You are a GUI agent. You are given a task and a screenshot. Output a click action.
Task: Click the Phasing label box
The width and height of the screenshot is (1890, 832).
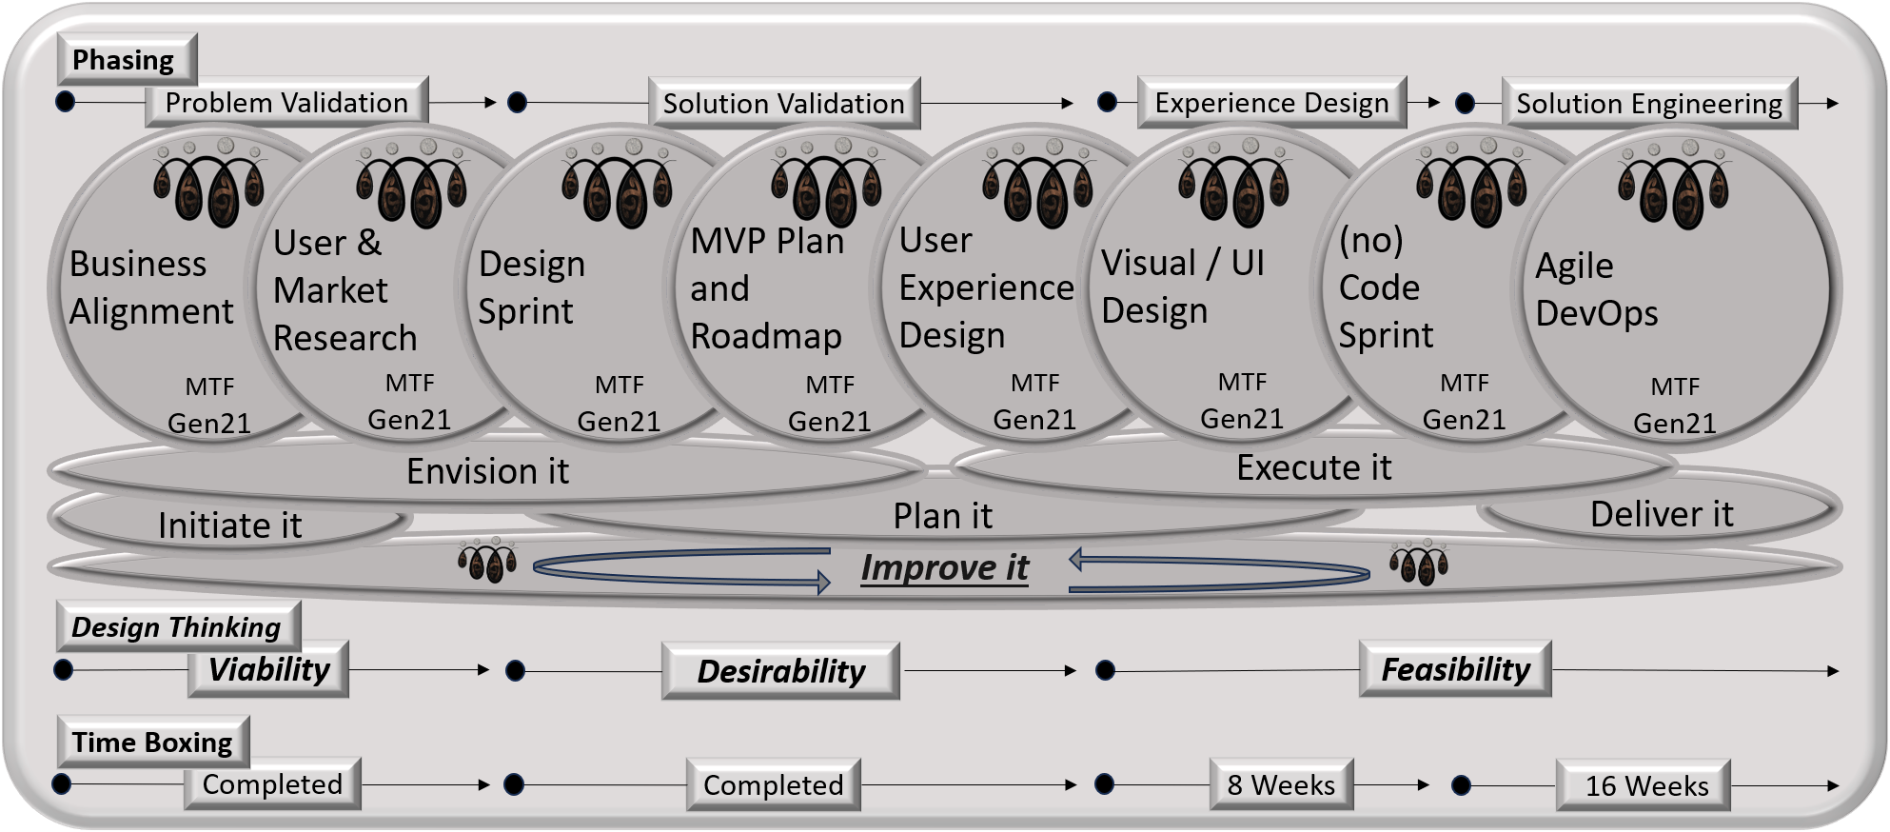(x=124, y=60)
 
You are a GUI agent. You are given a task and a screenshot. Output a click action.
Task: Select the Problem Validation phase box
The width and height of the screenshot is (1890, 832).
(x=286, y=103)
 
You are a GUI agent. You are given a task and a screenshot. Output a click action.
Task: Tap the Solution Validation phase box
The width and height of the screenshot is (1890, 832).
(x=783, y=104)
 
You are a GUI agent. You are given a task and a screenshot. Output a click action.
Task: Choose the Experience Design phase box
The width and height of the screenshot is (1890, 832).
(x=1271, y=104)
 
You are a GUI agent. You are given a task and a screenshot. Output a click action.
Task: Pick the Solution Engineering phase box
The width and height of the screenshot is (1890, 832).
(x=1648, y=104)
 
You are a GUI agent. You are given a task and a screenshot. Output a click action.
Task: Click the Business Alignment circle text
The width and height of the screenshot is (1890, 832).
(x=151, y=287)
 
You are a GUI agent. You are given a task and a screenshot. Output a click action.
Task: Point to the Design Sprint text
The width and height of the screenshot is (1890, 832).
(x=531, y=287)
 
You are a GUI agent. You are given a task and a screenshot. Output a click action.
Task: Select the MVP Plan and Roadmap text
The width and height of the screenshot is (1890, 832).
(x=767, y=288)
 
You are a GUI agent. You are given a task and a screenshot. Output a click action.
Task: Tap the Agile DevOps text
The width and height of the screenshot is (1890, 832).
(x=1597, y=289)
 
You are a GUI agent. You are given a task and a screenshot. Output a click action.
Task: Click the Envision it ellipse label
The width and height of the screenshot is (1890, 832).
(x=487, y=471)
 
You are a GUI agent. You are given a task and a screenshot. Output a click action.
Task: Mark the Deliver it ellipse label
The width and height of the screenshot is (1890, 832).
(x=1662, y=514)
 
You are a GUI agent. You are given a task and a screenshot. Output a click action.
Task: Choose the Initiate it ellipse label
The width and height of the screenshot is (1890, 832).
(x=229, y=525)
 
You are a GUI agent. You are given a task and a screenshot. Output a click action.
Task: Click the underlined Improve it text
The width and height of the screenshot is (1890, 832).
(x=944, y=567)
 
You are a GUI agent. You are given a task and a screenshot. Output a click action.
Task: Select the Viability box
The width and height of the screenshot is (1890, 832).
(x=268, y=669)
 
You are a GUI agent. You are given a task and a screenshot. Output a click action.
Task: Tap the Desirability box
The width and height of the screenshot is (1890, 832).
(x=780, y=671)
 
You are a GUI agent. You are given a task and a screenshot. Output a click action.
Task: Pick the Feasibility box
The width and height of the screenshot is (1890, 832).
(x=1455, y=669)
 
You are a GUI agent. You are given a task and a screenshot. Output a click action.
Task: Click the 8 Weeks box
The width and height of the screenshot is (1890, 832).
(x=1281, y=784)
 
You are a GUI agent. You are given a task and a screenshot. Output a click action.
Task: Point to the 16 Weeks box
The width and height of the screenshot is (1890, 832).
(x=1646, y=785)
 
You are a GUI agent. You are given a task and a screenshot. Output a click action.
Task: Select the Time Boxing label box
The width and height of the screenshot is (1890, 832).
(x=152, y=743)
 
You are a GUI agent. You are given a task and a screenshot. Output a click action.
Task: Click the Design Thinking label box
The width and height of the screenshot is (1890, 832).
(x=177, y=627)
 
